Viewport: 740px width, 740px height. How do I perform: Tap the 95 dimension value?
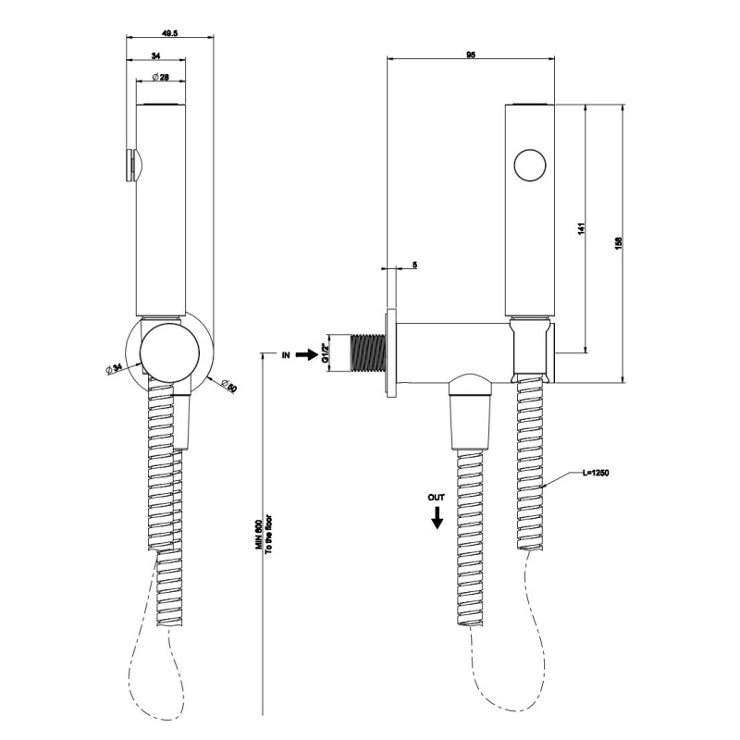(471, 55)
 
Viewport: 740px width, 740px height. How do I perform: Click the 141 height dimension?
(580, 228)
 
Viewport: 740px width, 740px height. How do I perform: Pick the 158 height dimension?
(618, 241)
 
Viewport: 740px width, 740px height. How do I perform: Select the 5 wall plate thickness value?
(413, 265)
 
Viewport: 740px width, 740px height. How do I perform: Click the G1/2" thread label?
(326, 353)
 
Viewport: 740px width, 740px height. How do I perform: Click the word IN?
(287, 353)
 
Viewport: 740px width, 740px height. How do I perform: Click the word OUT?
(437, 498)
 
